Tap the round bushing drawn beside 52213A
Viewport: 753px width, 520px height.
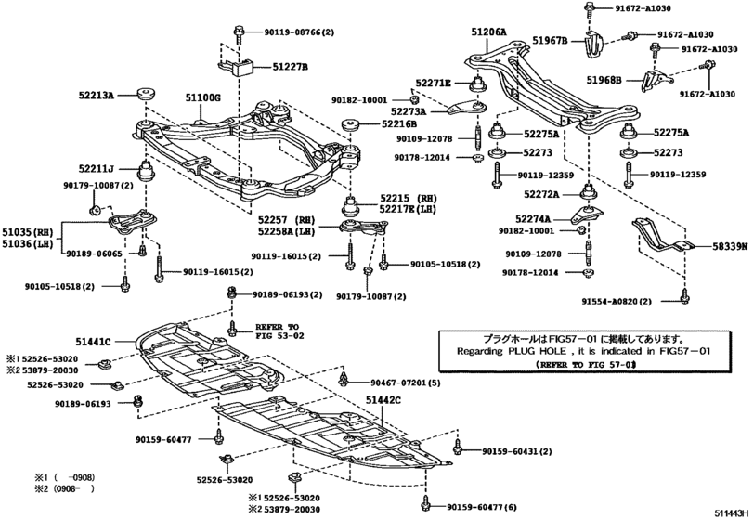(x=145, y=94)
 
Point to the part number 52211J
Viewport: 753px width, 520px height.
(x=96, y=169)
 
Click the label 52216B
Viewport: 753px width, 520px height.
(x=399, y=123)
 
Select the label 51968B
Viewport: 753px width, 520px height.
(x=604, y=81)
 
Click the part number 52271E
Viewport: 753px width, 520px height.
(x=433, y=83)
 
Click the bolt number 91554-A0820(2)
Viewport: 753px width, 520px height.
(x=616, y=302)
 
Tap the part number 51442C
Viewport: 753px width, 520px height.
(x=383, y=398)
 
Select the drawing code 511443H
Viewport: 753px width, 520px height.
(x=731, y=512)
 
